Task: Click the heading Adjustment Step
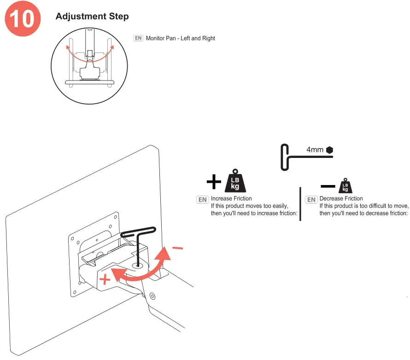pyautogui.click(x=92, y=17)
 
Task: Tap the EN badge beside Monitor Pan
pyautogui.click(x=138, y=38)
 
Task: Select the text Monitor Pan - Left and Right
pyautogui.click(x=181, y=38)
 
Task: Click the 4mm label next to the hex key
pyautogui.click(x=315, y=150)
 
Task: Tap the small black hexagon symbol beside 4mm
pyautogui.click(x=329, y=150)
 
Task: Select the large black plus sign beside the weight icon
pyautogui.click(x=214, y=183)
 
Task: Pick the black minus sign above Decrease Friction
pyautogui.click(x=328, y=186)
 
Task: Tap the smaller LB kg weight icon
pyautogui.click(x=345, y=186)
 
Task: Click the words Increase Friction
pyautogui.click(x=231, y=198)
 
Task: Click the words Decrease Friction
pyautogui.click(x=341, y=198)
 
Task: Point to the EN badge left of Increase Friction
pyautogui.click(x=202, y=199)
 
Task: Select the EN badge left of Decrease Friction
pyautogui.click(x=311, y=199)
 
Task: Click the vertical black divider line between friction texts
pyautogui.click(x=300, y=203)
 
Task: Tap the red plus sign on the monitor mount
pyautogui.click(x=105, y=279)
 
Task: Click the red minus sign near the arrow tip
pyautogui.click(x=177, y=249)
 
